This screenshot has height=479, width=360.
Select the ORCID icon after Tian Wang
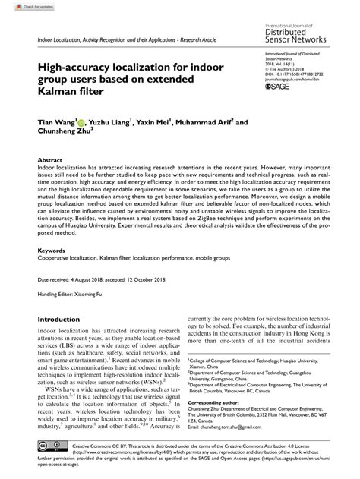click(x=80, y=121)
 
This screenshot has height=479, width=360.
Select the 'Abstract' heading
click(x=50, y=162)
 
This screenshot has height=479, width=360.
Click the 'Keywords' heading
click(x=52, y=250)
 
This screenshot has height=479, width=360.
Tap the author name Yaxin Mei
click(x=157, y=121)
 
